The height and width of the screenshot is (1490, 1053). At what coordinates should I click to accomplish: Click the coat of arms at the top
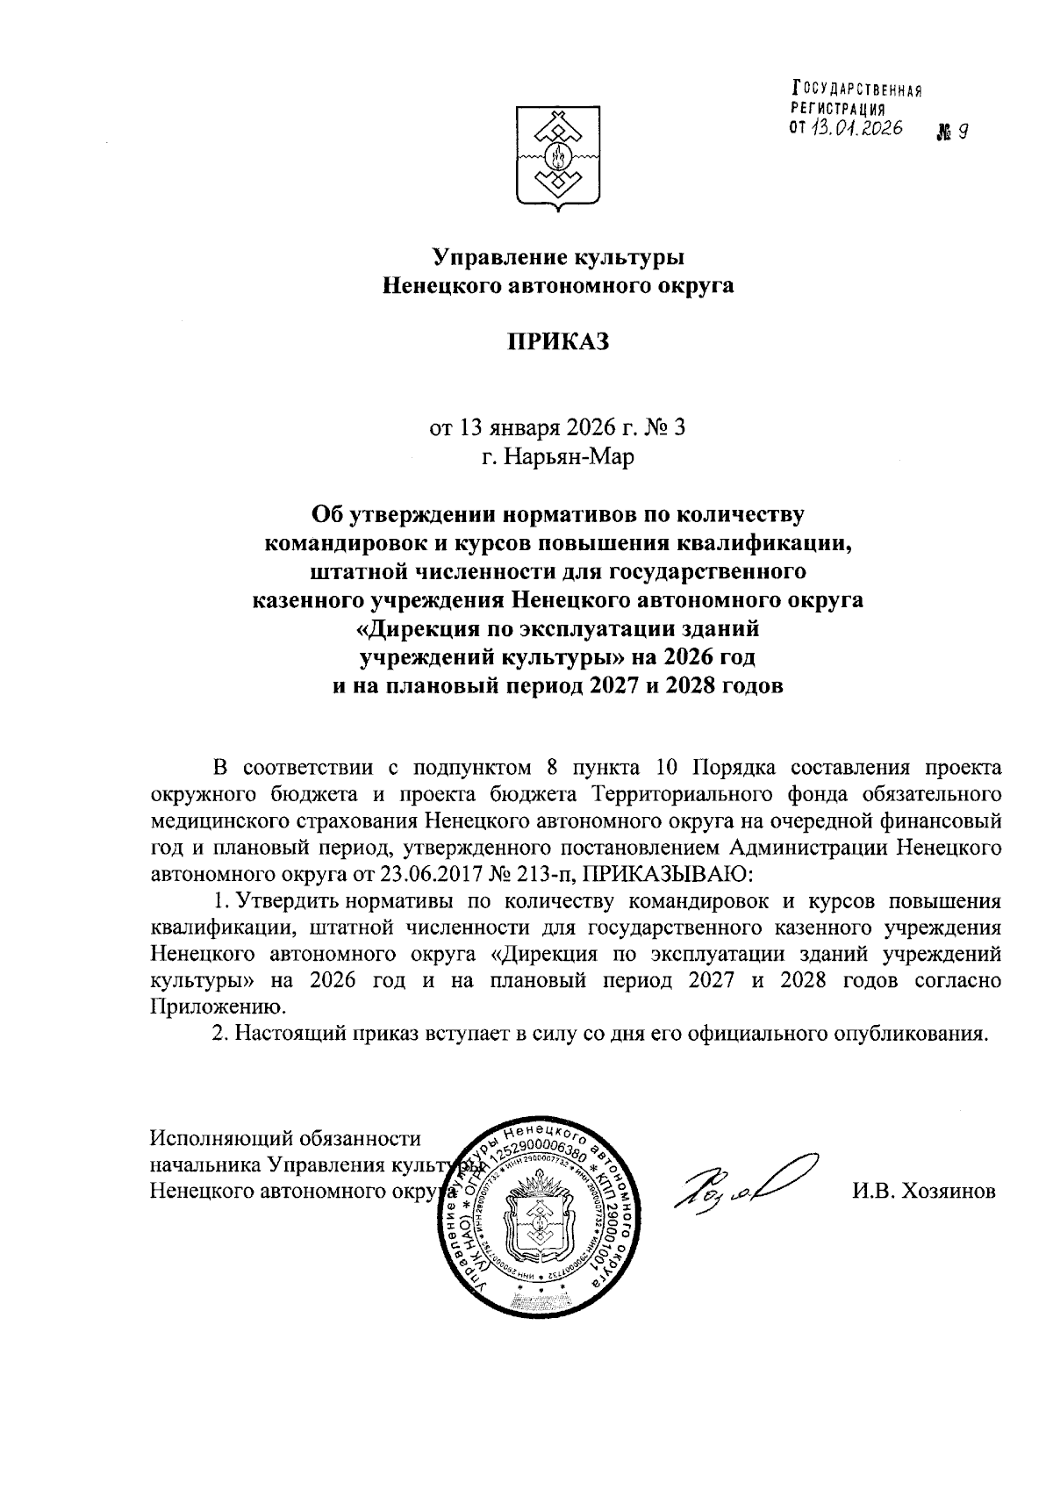click(x=558, y=156)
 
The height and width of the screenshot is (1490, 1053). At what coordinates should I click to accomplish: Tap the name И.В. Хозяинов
click(x=923, y=1191)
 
